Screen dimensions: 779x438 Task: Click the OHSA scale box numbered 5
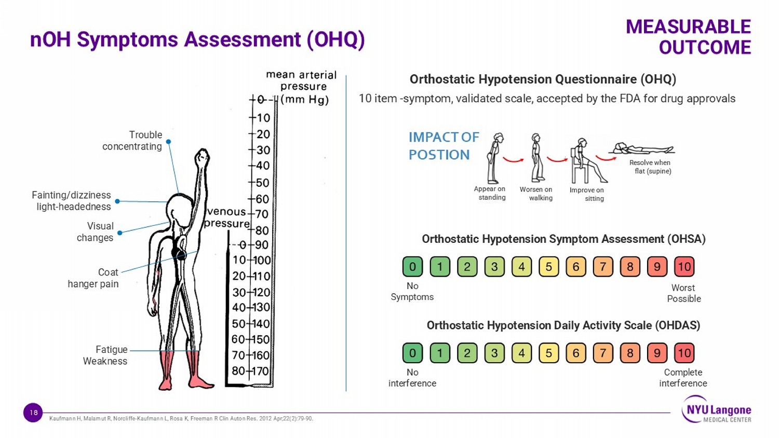(549, 267)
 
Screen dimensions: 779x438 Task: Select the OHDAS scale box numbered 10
(684, 353)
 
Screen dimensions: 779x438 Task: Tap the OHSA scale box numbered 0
(412, 267)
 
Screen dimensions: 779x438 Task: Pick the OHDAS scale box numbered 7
(603, 353)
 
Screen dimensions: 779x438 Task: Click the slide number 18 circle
(33, 413)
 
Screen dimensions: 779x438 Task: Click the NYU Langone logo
(716, 409)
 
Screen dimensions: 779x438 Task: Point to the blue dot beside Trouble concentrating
(168, 142)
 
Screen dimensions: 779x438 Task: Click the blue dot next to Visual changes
(119, 233)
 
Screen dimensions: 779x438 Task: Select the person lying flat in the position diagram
(642, 148)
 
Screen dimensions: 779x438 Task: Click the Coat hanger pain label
(93, 278)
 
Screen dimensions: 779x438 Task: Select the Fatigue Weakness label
(105, 355)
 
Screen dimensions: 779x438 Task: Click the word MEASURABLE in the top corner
(689, 27)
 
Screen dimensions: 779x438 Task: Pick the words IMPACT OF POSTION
(444, 146)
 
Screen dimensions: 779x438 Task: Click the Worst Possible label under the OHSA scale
(684, 293)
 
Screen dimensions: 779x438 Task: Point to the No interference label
(412, 378)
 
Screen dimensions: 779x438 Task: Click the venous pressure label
(226, 217)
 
